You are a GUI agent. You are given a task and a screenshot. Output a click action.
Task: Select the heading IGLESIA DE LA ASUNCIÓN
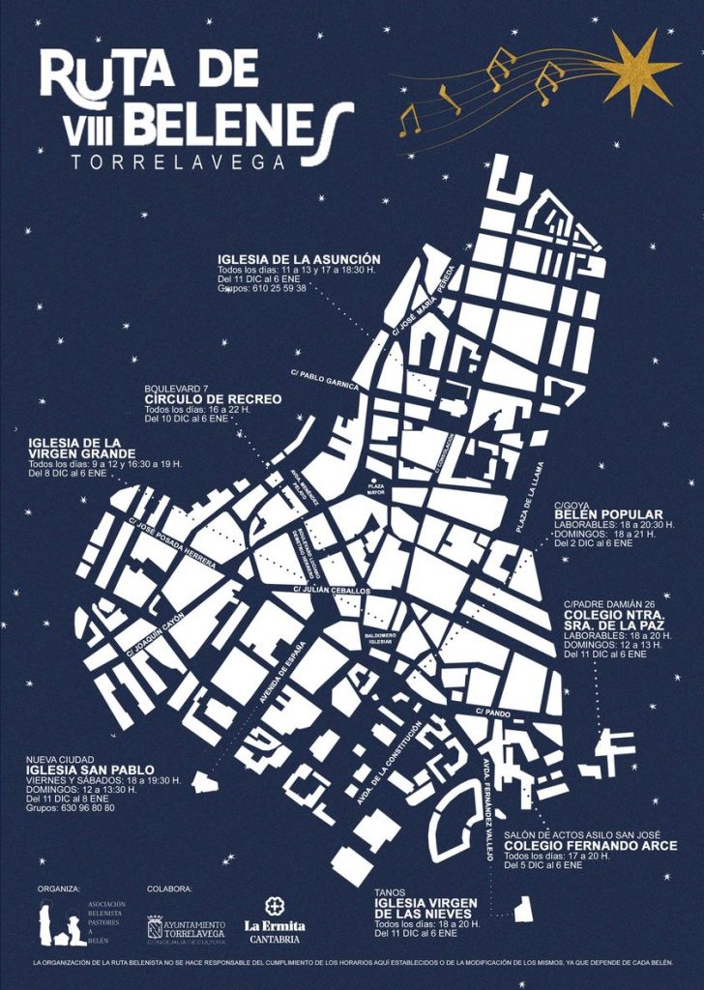(299, 259)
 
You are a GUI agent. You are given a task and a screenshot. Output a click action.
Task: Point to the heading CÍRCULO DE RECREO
(213, 399)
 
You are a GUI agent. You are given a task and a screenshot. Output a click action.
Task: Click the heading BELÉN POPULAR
(608, 513)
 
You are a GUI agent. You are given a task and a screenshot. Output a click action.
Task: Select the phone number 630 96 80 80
(82, 807)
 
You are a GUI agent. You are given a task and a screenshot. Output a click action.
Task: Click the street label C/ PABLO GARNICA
(324, 378)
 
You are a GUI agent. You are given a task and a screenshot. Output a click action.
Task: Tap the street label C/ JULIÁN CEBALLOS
(332, 589)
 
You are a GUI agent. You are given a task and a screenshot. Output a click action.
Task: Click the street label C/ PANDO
(492, 711)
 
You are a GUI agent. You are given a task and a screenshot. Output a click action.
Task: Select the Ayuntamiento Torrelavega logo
(186, 929)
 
